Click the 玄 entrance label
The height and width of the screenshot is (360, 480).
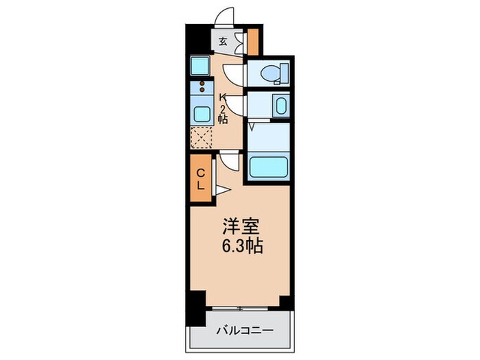point(223,41)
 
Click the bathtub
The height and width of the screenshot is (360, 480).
point(268,167)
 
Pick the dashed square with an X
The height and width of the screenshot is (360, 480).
point(202,138)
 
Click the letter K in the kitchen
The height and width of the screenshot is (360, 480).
point(223,97)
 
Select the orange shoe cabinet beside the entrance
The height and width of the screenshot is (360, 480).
point(254,42)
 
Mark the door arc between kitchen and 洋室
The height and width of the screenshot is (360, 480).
point(229,161)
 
